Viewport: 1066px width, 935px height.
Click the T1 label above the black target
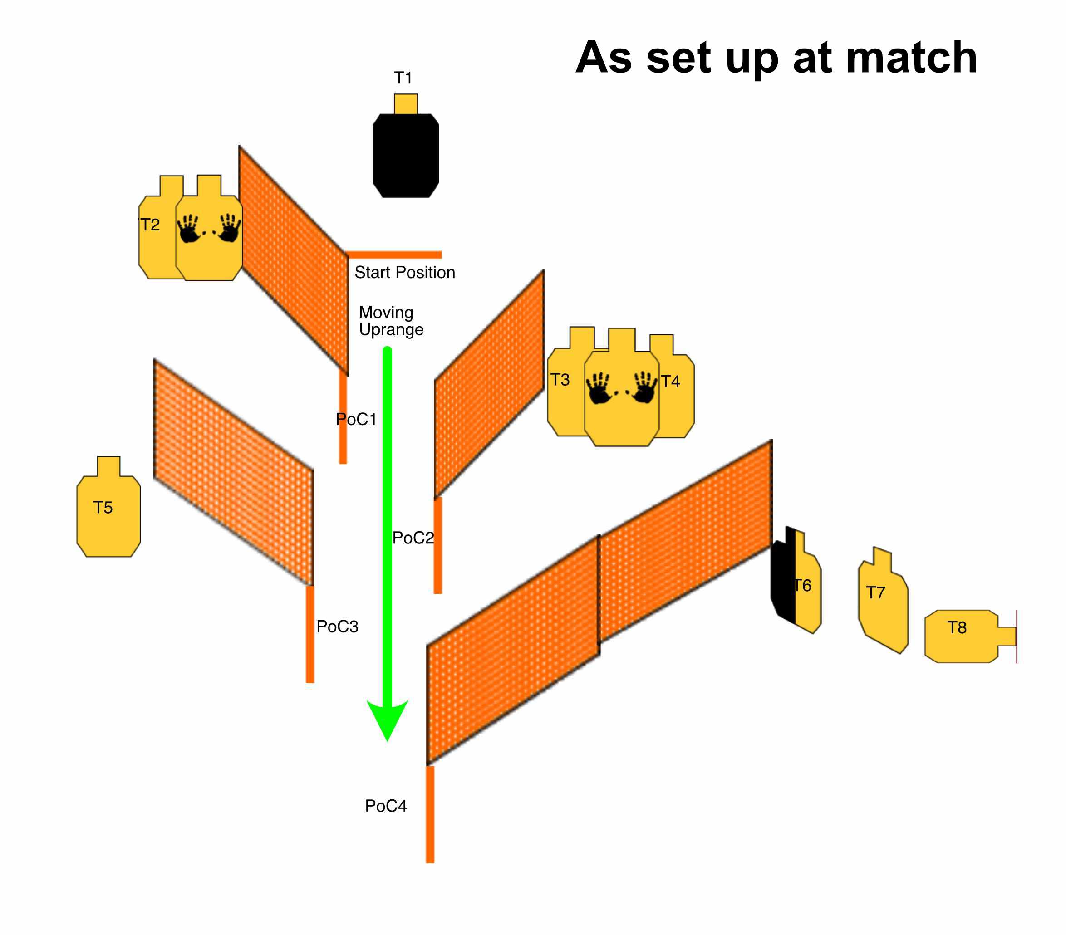[403, 78]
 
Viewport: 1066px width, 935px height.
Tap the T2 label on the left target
[150, 225]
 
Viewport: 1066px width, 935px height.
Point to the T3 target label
[560, 380]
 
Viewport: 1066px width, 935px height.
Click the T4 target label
[670, 382]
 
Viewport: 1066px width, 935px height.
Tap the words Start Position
[405, 272]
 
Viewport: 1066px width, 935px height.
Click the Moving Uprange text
[391, 321]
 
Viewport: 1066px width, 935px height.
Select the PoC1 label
[356, 419]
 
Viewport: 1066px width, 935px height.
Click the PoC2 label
[413, 538]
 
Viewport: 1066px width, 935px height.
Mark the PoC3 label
[338, 627]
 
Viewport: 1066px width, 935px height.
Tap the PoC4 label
[386, 806]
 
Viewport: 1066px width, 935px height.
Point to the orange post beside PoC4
[430, 813]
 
